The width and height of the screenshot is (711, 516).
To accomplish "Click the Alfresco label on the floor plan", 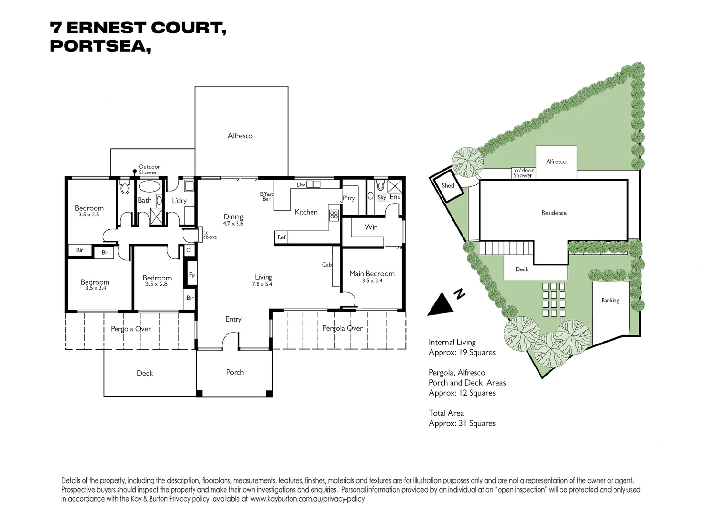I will [240, 136].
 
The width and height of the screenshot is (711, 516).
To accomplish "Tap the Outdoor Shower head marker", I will [135, 172].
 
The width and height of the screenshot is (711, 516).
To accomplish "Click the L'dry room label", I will [179, 201].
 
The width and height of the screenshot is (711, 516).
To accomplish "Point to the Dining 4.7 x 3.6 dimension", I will [233, 224].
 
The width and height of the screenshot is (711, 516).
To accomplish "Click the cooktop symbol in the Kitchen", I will [334, 215].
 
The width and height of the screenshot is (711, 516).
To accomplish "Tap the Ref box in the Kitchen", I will [281, 237].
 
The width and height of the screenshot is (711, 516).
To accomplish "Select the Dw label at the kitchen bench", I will [301, 185].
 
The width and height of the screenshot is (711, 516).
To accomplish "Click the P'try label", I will [348, 198].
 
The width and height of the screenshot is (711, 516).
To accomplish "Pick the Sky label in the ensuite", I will [381, 197].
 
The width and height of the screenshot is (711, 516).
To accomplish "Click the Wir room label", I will [371, 227].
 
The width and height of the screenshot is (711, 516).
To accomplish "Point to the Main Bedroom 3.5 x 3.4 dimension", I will [372, 281].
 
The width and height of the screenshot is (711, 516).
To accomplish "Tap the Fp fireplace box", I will [192, 275].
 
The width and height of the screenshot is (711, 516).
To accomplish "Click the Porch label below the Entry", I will [235, 372].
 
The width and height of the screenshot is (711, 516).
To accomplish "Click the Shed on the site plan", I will [448, 185].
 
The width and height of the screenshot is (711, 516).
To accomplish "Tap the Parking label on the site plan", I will [610, 301].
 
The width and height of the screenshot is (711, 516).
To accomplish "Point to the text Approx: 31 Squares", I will [462, 423].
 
